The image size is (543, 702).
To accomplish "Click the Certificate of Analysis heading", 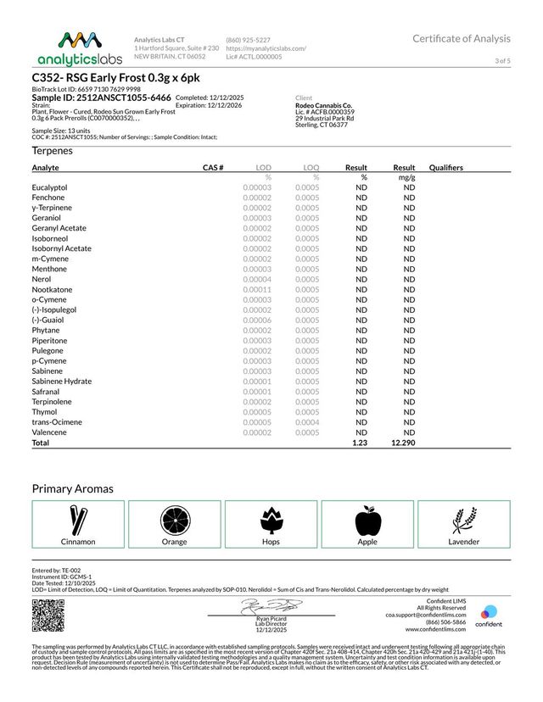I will pyautogui.click(x=462, y=39).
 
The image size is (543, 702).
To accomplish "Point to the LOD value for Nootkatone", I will pyautogui.click(x=257, y=289).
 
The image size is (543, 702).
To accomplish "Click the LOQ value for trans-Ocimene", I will pyautogui.click(x=307, y=422).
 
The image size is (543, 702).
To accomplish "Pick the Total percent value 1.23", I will pyautogui.click(x=359, y=443).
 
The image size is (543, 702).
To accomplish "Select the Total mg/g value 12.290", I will pyautogui.click(x=402, y=443).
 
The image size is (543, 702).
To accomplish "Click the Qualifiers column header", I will pyautogui.click(x=446, y=168).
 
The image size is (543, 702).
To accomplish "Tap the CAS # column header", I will pyautogui.click(x=212, y=168).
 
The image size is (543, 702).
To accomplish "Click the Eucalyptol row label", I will pyautogui.click(x=49, y=187).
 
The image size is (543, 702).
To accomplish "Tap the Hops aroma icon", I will pyautogui.click(x=271, y=519).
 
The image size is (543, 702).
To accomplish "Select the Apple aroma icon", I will pyautogui.click(x=367, y=519).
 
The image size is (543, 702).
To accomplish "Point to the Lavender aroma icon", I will pyautogui.click(x=463, y=519).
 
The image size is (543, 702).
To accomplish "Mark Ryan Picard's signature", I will pyautogui.click(x=271, y=605).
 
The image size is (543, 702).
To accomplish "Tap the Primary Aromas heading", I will pyautogui.click(x=73, y=489).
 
